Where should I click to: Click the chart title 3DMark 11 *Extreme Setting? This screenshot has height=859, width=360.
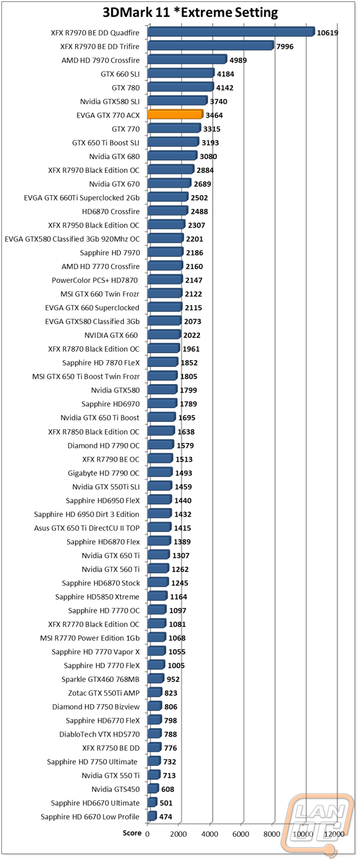pyautogui.click(x=190, y=13)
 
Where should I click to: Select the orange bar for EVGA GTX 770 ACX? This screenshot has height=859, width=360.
pyautogui.click(x=175, y=115)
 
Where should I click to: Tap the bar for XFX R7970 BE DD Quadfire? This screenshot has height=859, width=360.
pyautogui.click(x=231, y=32)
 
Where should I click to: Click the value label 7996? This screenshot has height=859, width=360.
pyautogui.click(x=285, y=46)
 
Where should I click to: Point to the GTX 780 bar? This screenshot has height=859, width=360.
pyautogui.click(x=181, y=87)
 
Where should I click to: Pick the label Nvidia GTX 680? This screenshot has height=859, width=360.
pyautogui.click(x=114, y=157)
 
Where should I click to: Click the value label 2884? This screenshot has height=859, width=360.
pyautogui.click(x=205, y=170)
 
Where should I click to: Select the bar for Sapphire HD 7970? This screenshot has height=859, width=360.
pyautogui.click(x=165, y=252)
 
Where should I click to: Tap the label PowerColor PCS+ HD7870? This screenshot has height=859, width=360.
pyautogui.click(x=95, y=280)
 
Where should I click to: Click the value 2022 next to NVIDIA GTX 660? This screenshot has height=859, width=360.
pyautogui.click(x=191, y=335)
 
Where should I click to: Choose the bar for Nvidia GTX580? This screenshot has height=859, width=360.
pyautogui.click(x=162, y=390)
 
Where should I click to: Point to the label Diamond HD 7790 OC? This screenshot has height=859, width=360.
pyautogui.click(x=104, y=445)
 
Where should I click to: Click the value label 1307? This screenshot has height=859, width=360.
pyautogui.click(x=181, y=555)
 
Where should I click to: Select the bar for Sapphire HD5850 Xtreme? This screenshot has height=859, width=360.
pyautogui.click(x=157, y=596)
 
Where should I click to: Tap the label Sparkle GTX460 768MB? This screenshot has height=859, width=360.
pyautogui.click(x=100, y=679)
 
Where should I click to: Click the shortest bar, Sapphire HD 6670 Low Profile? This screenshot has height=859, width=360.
pyautogui.click(x=152, y=816)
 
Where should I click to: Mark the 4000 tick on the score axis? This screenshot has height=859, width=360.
pyautogui.click(x=210, y=834)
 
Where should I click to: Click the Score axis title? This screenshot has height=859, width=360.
pyautogui.click(x=132, y=833)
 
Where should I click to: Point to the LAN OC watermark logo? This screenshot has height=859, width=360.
pyautogui.click(x=319, y=823)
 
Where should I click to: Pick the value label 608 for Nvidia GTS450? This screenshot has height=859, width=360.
pyautogui.click(x=167, y=789)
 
